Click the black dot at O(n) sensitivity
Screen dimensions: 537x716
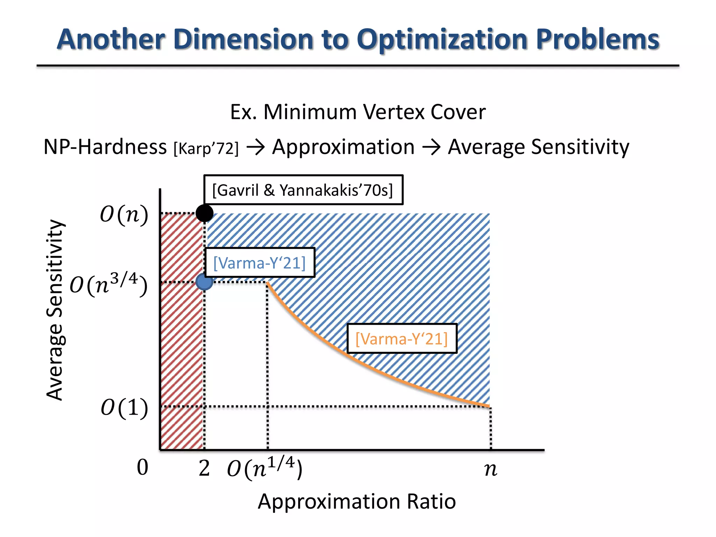(205, 213)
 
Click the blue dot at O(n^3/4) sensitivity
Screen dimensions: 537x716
(205, 282)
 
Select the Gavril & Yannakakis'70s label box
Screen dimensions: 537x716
(303, 190)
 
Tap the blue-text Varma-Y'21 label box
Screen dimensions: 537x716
(259, 263)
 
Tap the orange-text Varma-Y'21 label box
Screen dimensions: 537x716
(402, 338)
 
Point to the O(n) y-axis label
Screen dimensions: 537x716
(124, 214)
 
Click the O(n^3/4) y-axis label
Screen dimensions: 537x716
(108, 284)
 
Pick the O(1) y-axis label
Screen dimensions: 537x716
(124, 408)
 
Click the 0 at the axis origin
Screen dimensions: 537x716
(142, 467)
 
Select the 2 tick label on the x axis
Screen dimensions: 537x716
(204, 468)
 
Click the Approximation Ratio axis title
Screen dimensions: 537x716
(357, 501)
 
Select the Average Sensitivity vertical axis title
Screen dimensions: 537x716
(55, 310)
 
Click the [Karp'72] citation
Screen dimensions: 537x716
(206, 148)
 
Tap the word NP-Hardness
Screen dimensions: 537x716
(105, 146)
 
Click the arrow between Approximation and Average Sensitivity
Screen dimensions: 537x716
(431, 147)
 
